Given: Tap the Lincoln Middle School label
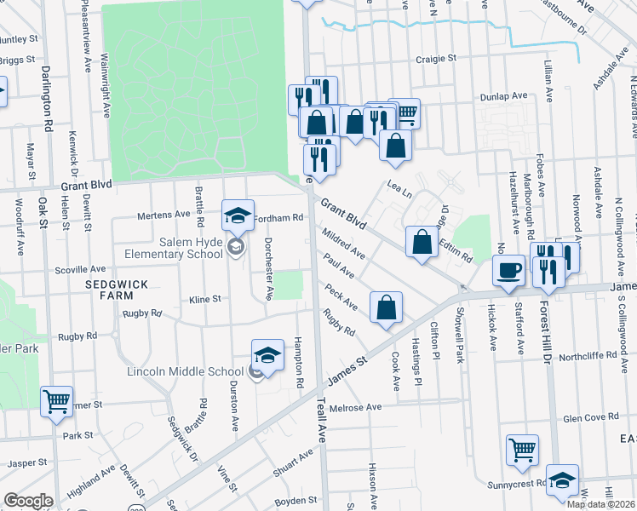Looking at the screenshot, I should pyautogui.click(x=185, y=371).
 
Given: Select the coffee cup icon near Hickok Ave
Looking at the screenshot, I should pyautogui.click(x=509, y=271).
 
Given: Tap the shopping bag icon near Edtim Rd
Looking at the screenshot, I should pyautogui.click(x=422, y=242).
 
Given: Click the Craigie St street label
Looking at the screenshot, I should pyautogui.click(x=437, y=59).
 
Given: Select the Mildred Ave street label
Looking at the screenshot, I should pyautogui.click(x=343, y=244).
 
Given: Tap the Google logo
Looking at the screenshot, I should pyautogui.click(x=28, y=501).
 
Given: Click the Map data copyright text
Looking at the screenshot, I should pyautogui.click(x=601, y=504).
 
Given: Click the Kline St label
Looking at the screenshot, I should pyautogui.click(x=204, y=300).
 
